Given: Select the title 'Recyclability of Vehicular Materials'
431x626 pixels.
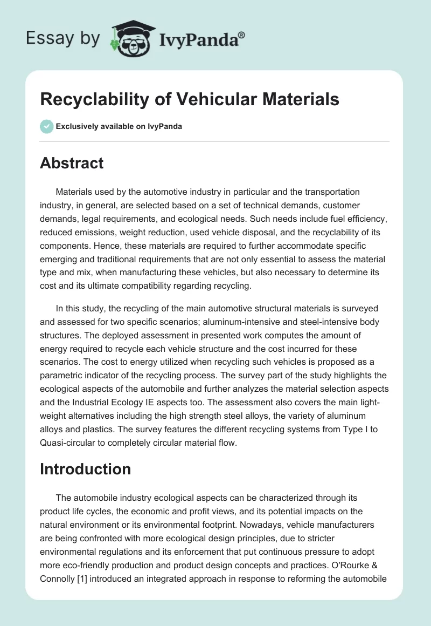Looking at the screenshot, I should coord(190,99).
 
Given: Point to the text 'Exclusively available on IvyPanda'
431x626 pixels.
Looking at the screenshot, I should coord(119,126).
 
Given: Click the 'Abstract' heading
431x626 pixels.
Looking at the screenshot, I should coord(72,163).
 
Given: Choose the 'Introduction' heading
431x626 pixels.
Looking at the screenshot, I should coord(85,469).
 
